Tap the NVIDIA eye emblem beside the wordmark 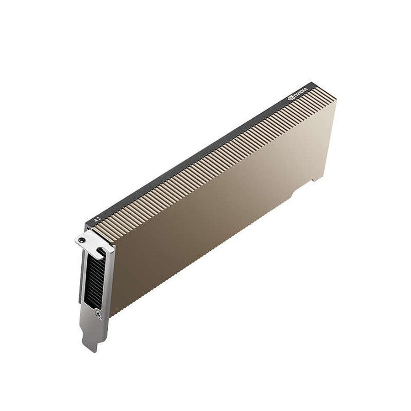coord(291,97)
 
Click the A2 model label coord(96,219)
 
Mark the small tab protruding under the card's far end coord(315,179)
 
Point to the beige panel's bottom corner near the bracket coord(110,315)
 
